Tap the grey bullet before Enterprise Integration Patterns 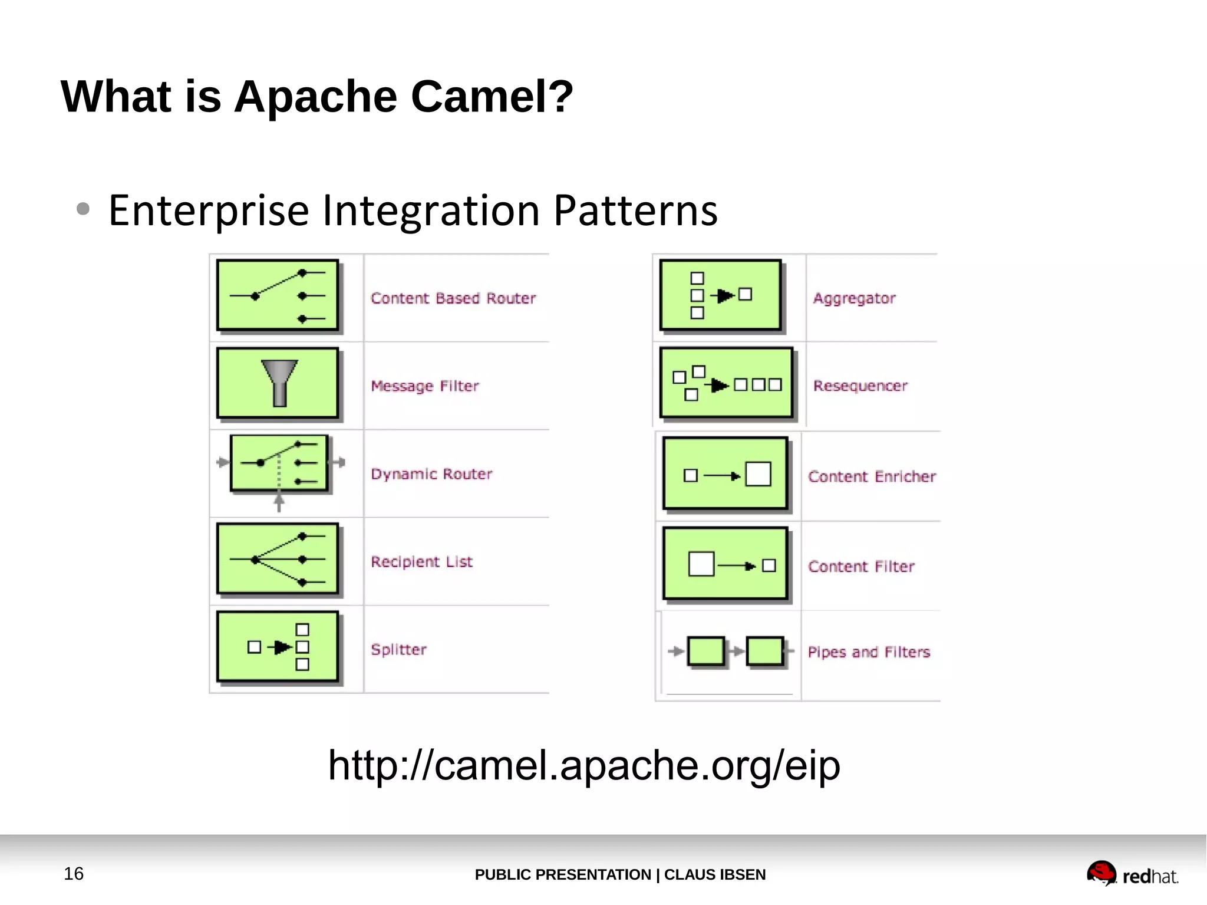click(x=83, y=209)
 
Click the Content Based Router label click(x=453, y=298)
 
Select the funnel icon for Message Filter click(x=279, y=382)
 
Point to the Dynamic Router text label click(x=431, y=473)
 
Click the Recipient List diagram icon click(x=278, y=558)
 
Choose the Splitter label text click(x=398, y=649)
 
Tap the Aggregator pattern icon click(x=720, y=295)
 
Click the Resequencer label click(x=860, y=386)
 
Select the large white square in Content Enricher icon click(x=758, y=474)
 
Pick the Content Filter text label click(x=861, y=567)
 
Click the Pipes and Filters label click(x=869, y=652)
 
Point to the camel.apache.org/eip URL click(x=583, y=765)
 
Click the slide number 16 click(x=74, y=873)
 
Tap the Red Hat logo click(x=1132, y=874)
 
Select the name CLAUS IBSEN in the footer click(x=714, y=874)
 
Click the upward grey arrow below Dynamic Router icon click(x=279, y=502)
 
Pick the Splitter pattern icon click(x=278, y=647)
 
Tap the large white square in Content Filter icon click(x=701, y=564)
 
